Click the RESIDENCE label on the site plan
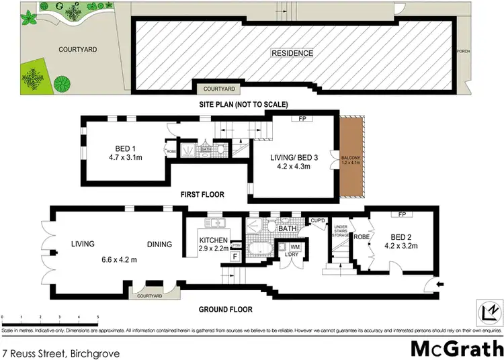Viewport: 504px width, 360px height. point(292,52)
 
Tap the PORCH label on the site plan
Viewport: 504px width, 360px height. point(462,52)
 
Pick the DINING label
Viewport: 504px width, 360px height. point(160,244)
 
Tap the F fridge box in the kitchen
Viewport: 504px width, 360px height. point(235,256)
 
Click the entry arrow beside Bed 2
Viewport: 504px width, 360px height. point(439,285)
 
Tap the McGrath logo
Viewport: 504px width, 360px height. point(456,349)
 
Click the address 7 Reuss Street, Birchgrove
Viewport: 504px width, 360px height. point(49,351)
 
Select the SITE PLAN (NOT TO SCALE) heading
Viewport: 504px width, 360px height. point(243,104)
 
